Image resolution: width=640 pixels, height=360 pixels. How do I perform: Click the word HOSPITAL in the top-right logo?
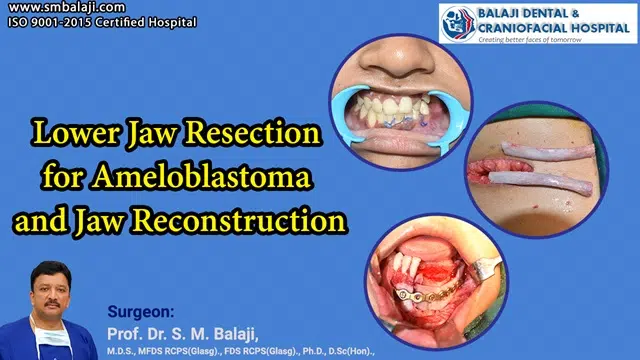[x=595, y=27]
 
